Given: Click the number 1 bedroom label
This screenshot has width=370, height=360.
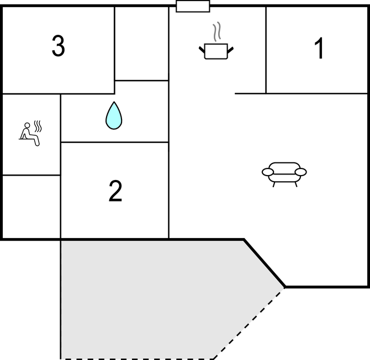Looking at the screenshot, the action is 319,48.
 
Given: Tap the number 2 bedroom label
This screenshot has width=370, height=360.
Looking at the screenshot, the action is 115,191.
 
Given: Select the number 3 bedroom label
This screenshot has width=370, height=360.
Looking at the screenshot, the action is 58,46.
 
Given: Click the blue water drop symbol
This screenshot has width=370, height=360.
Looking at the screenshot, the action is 114,115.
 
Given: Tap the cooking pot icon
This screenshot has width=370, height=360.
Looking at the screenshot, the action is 216,51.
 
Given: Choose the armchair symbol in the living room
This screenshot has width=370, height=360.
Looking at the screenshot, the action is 284,174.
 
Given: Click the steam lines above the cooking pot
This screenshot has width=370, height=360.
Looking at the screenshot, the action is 217,32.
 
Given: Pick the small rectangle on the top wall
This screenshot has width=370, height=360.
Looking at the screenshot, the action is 193,6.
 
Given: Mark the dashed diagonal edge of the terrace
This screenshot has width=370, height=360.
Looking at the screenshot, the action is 249,323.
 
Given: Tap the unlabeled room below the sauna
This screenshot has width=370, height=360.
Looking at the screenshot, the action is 31,207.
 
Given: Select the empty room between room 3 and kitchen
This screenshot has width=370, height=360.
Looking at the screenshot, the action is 141,44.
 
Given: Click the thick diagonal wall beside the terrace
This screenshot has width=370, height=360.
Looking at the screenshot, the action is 265,263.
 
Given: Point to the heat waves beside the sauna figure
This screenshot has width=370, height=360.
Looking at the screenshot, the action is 38,126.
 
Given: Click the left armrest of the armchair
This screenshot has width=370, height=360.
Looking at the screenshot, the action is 268,172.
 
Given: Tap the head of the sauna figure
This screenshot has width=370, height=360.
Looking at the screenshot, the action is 28,125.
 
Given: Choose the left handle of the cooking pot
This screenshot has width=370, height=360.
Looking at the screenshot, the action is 202,50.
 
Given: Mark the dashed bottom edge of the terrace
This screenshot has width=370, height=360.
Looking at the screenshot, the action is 137,359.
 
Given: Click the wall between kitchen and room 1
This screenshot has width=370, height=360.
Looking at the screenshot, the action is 266,50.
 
